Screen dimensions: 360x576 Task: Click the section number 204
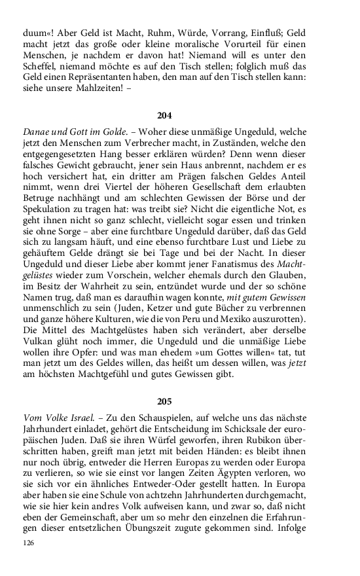coord(164,115)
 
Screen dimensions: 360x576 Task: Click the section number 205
coord(164,401)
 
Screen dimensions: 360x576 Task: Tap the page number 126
coord(27,543)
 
